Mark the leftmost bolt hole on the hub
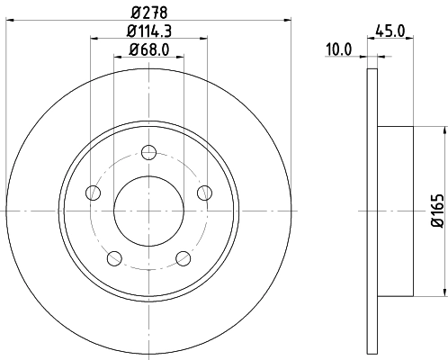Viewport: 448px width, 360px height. tap(92, 193)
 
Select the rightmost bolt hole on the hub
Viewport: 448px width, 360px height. tap(204, 191)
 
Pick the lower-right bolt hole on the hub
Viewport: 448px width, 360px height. tap(184, 258)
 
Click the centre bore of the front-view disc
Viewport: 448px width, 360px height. tap(148, 210)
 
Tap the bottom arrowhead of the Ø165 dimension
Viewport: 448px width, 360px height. tap(444, 290)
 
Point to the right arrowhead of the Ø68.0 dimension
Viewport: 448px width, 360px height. tap(180, 56)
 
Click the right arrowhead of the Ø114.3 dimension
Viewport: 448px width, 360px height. tap(204, 38)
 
